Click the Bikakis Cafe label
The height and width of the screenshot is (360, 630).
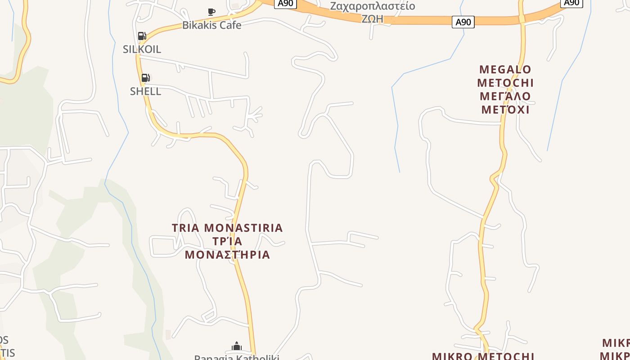211,25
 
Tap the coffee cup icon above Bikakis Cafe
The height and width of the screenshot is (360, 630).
211,12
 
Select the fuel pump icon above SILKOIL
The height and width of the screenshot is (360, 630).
142,36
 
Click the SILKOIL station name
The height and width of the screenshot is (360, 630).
142,49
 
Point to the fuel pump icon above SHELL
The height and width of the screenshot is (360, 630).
145,78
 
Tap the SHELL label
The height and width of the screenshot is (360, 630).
145,91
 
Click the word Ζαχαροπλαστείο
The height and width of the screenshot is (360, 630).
372,6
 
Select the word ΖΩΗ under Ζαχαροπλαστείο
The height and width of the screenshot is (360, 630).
372,19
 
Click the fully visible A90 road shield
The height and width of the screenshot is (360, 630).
463,22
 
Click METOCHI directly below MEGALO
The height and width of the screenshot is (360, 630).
505,83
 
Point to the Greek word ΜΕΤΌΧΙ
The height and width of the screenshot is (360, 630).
505,110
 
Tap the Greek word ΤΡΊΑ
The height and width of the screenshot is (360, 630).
227,242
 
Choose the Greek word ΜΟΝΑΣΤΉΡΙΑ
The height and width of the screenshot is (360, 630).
227,255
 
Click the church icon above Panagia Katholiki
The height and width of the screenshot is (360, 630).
237,346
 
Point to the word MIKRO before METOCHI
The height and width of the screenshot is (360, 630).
451,356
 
